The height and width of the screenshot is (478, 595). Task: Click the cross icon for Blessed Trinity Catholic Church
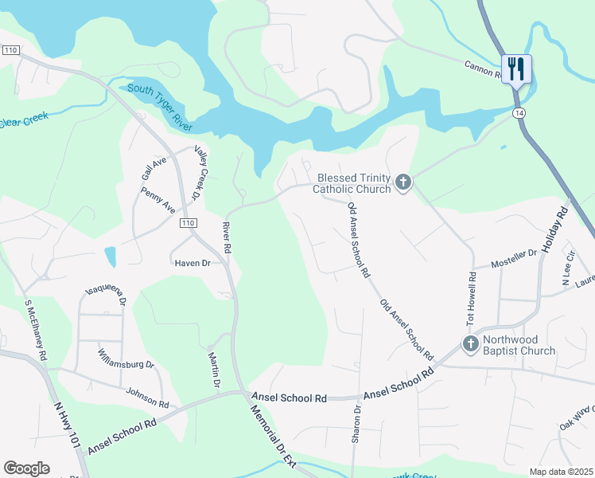click(403, 183)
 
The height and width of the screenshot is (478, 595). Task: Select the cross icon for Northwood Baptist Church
click(470, 344)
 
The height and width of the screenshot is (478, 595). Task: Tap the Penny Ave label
click(157, 200)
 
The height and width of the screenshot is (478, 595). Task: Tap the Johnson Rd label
click(147, 398)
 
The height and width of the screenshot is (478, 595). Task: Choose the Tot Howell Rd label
click(472, 300)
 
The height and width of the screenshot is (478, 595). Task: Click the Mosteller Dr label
click(514, 257)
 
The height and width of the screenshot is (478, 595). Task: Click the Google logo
click(26, 468)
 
